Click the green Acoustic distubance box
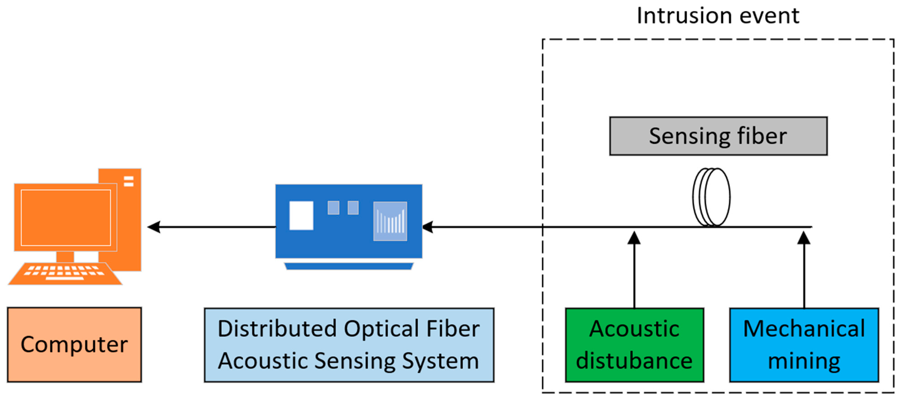tap(634, 344)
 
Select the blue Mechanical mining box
tap(804, 344)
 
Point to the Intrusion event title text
tap(718, 16)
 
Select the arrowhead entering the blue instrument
tap(428, 227)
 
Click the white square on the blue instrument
tap(301, 216)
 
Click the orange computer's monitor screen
tap(66, 218)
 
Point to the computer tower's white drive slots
tap(129, 181)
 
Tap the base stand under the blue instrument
tap(349, 266)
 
